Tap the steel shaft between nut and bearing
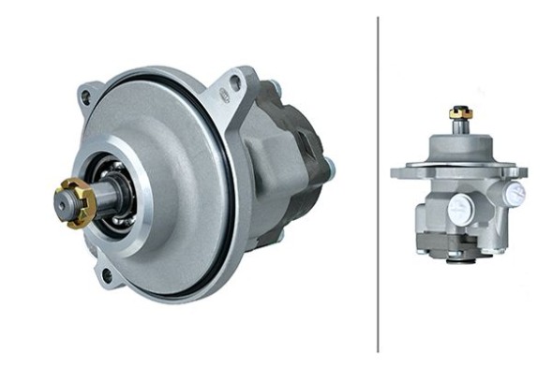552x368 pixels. tap(99, 196)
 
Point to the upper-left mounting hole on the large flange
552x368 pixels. tap(86, 96)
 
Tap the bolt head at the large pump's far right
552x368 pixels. tap(330, 169)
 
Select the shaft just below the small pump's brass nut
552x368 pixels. tap(460, 125)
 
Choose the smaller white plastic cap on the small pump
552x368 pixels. tap(515, 194)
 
